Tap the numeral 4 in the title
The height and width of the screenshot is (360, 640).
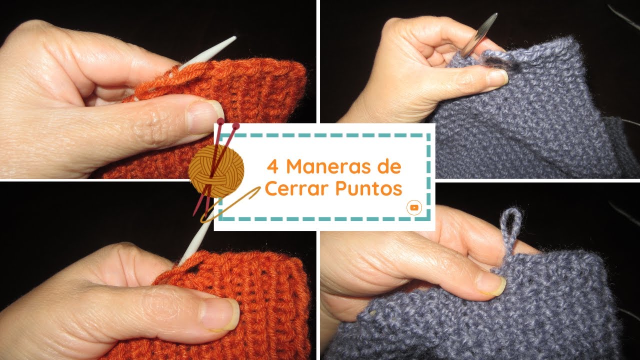point(272,166)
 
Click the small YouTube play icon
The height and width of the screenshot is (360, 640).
point(414,207)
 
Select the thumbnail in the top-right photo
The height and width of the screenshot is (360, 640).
point(497,77)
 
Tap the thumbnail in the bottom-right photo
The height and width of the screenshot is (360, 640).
point(490,284)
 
